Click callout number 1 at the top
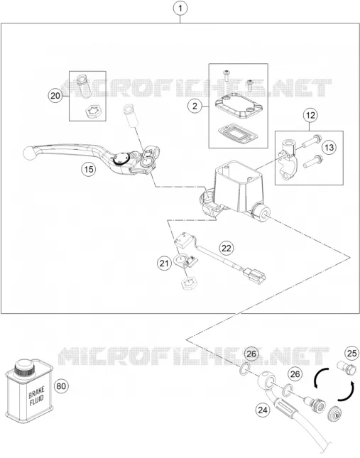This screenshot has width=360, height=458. [180, 9]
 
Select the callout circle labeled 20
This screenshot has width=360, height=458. [55, 96]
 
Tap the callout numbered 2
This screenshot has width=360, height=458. [195, 106]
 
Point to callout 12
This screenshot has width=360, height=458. [310, 115]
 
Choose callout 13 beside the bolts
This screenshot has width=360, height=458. [329, 147]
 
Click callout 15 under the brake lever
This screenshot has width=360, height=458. [89, 169]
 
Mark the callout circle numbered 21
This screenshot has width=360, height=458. [164, 263]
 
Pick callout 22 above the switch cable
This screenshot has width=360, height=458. [227, 248]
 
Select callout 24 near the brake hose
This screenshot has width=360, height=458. [263, 410]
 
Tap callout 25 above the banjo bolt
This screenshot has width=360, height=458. [351, 353]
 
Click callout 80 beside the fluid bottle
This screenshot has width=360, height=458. [61, 386]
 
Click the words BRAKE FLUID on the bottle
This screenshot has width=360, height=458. [36, 396]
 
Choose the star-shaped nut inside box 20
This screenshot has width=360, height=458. [92, 112]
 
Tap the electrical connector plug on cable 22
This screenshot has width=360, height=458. [254, 276]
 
